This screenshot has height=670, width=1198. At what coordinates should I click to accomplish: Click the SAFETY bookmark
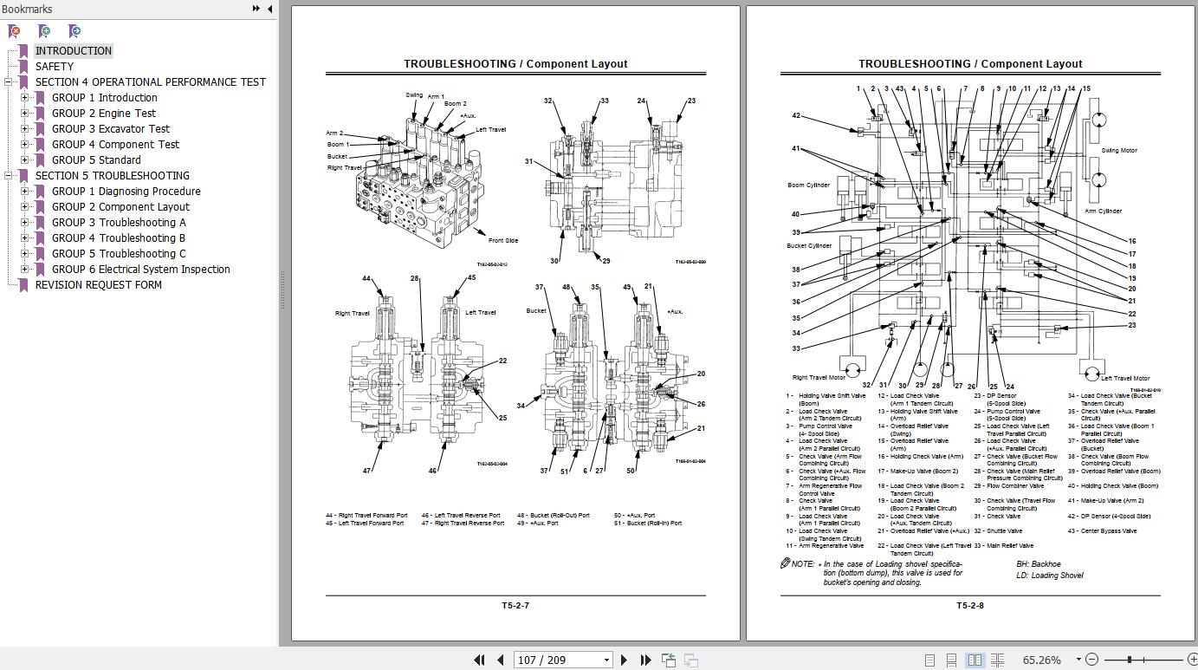55,67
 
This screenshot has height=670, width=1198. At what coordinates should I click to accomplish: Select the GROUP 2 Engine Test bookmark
104,114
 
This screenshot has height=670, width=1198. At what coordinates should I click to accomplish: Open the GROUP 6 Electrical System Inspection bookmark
140,270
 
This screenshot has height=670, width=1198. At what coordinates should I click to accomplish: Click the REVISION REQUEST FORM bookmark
98,285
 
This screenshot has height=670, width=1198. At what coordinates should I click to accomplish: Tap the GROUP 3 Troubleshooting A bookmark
119,223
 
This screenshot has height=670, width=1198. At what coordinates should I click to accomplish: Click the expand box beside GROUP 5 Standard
25,160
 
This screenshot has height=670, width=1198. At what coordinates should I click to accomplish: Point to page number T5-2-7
515,605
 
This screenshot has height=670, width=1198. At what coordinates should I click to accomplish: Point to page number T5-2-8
969,605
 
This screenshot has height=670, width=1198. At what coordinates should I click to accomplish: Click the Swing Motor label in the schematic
1119,151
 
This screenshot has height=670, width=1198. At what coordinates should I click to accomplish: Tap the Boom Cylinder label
808,185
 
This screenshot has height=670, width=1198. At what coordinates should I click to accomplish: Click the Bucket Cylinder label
809,246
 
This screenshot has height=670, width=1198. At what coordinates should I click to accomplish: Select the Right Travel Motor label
819,378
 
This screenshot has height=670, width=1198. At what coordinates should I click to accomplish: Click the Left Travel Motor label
1125,378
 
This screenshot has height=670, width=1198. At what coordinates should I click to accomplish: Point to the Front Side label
503,241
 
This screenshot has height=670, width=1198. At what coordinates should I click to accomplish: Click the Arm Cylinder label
1103,211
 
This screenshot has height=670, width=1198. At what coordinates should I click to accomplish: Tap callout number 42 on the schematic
796,115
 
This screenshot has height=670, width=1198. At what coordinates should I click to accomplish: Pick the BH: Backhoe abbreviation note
1038,564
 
